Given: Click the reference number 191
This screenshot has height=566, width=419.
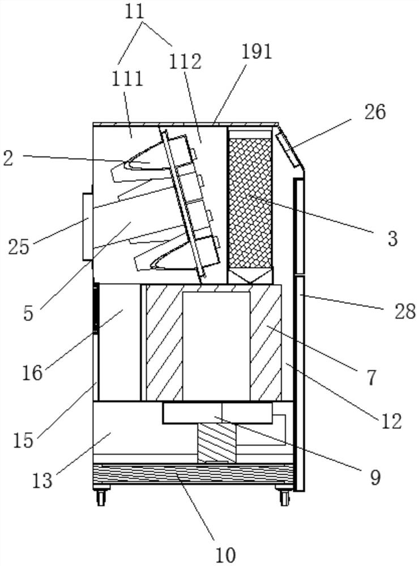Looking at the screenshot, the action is click(256, 52).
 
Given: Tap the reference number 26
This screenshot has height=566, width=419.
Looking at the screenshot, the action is click(375, 112).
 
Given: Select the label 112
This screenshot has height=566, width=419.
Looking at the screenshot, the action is click(185, 62).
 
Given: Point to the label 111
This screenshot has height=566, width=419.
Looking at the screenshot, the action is click(127, 79).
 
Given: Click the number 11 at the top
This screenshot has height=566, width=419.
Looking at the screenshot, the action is click(135, 12).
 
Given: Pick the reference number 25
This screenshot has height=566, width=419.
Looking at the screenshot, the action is click(19, 247).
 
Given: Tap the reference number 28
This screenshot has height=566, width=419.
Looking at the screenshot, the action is click(405, 311).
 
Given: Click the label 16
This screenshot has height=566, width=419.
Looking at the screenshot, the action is click(32, 372).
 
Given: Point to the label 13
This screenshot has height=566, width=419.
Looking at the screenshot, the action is click(42, 481).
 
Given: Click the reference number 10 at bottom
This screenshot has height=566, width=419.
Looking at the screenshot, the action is click(225, 555).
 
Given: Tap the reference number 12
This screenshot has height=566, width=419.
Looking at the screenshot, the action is click(391, 421).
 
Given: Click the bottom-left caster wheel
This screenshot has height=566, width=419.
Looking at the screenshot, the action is click(101, 496).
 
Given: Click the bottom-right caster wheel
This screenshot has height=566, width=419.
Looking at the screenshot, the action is click(285, 496).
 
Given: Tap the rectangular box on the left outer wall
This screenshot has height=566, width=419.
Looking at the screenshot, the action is click(88, 227).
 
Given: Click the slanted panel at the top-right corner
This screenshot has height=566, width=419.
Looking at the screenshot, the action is click(289, 149).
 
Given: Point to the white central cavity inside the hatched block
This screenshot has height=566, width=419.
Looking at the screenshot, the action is click(216, 346).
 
